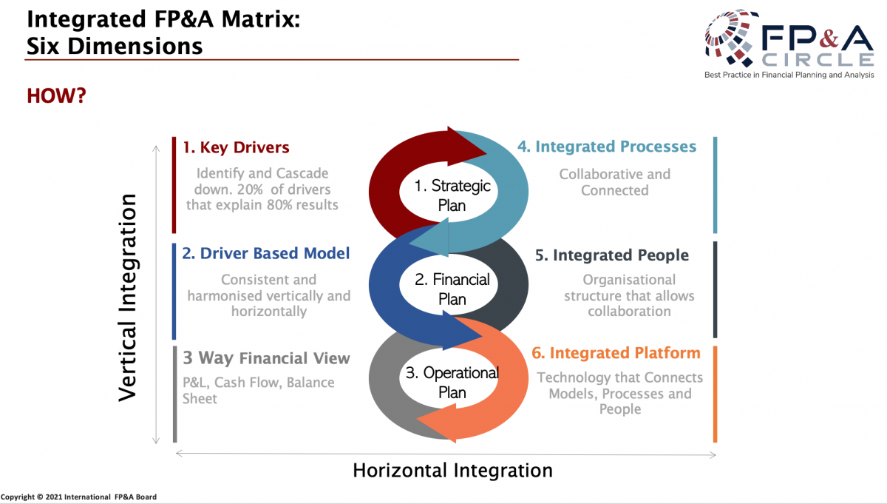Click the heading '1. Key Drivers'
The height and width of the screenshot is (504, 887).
[236, 147]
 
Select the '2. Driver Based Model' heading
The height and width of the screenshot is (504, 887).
[266, 253]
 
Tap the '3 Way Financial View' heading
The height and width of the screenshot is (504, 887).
[266, 359]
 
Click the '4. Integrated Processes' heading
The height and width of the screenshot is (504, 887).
[606, 147]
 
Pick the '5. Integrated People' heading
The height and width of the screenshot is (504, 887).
[612, 255]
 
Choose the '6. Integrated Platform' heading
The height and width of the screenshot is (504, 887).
[616, 354]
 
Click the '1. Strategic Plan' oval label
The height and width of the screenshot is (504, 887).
[452, 195]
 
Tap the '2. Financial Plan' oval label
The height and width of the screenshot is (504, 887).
[452, 289]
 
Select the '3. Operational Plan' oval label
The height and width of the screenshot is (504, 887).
[452, 383]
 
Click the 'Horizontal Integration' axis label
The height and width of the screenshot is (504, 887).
[452, 471]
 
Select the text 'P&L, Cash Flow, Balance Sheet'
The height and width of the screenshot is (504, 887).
[258, 391]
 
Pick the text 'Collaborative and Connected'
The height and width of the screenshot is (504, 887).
[614, 182]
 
